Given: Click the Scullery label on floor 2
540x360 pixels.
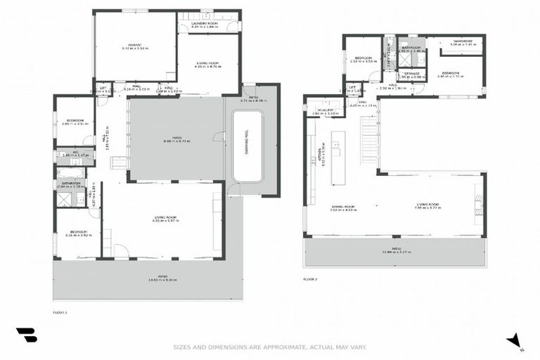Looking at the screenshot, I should pos(324,110).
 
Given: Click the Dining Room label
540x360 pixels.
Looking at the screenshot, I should pos(342,207).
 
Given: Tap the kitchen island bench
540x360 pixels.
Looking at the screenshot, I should pos(338,156).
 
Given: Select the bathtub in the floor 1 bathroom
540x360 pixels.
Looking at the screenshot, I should pos(70,173).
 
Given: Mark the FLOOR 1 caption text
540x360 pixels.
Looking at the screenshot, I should pos(60,311).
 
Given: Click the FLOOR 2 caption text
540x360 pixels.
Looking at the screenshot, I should pos(310,279).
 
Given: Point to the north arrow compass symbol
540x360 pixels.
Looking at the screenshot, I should pos(515,341).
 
